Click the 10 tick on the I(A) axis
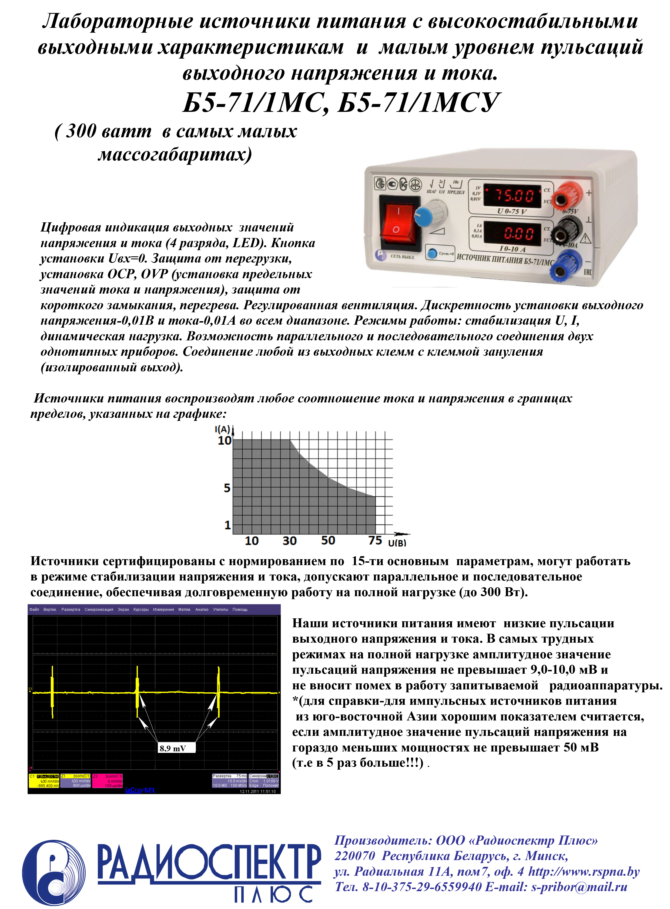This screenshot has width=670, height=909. pos(224,441)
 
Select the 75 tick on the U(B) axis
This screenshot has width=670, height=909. pos(375,541)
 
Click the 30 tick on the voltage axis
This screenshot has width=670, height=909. pos(290,541)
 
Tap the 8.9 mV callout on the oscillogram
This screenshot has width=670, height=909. pos(173,749)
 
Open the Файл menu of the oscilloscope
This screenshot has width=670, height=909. pos(34,609)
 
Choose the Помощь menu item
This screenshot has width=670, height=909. pos(240,609)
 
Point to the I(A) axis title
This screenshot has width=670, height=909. pos(222,429)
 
